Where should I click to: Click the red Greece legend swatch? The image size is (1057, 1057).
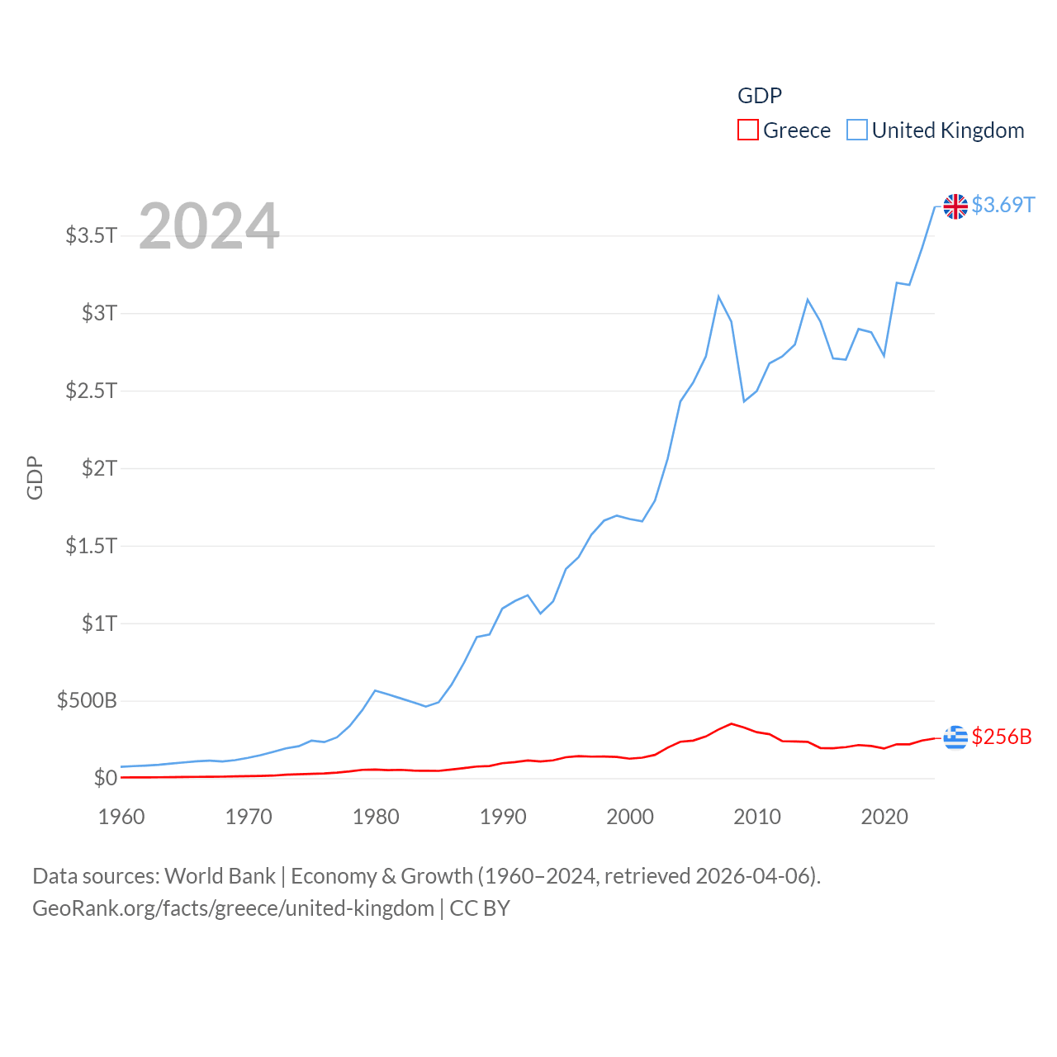coord(747,130)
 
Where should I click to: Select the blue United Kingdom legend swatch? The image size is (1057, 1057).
coord(857,130)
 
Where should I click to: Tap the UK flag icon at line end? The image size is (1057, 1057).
coord(955,206)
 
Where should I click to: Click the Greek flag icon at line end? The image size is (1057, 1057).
coord(955,737)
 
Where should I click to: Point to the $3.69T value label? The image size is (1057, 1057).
coord(1002,205)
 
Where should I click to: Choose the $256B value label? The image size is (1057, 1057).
coord(1002,737)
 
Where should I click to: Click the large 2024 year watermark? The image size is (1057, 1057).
coord(209,226)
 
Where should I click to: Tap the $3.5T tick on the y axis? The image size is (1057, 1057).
coord(92,235)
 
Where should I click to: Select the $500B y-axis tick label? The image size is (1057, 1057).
coord(87,701)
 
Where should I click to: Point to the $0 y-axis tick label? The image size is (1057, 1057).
coord(105,778)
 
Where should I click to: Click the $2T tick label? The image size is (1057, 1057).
coord(99,468)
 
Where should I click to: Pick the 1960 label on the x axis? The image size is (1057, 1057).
coord(121,817)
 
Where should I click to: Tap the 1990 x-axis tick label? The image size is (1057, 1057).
coord(503,817)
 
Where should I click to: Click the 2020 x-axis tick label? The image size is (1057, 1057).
coord(884,817)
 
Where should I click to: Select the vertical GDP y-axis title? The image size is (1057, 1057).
coord(35,477)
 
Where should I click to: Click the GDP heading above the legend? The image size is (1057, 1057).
coord(759,96)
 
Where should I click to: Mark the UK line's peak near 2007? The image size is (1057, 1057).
coord(718,296)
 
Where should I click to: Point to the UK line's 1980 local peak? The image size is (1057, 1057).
coord(376,690)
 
